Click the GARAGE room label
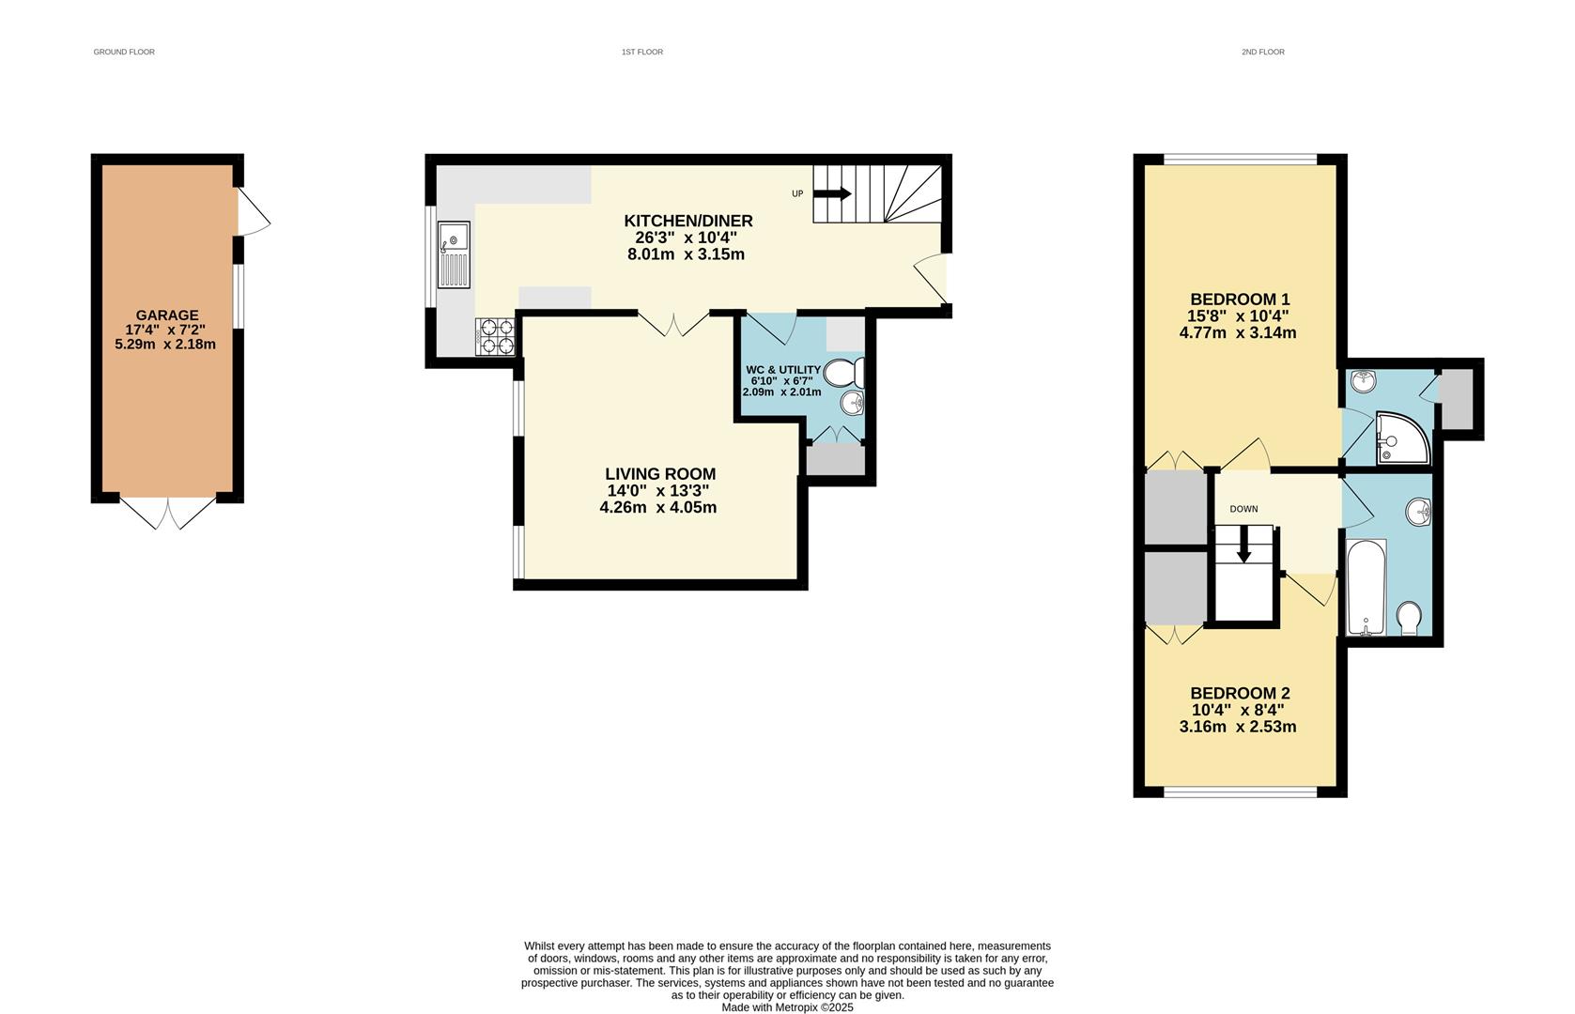(166, 315)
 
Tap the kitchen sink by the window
(454, 254)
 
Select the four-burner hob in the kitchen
(496, 337)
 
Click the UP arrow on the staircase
(832, 194)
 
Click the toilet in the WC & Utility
(844, 375)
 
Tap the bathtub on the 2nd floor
(1366, 587)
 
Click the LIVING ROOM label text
(659, 474)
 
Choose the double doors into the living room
(673, 324)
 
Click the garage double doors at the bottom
(168, 512)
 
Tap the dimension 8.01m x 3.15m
(686, 254)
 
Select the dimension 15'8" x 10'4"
(1238, 316)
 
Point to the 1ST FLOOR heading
(641, 53)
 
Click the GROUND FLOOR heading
(124, 53)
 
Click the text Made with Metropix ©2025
(787, 1007)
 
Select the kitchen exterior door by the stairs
(933, 278)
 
